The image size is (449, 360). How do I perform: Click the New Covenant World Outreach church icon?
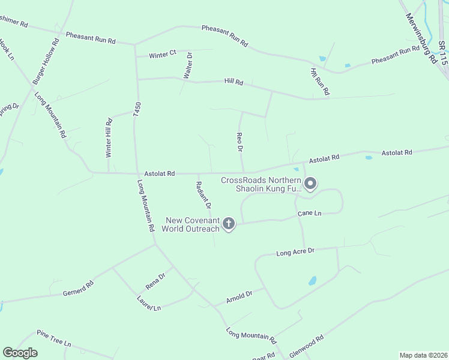pos(228,224)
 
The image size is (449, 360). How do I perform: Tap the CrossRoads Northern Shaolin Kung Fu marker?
pos(310,184)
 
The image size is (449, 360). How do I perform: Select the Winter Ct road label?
pos(163,55)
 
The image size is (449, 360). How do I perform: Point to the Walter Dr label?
pos(188,65)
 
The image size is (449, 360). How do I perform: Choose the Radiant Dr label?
pos(204,195)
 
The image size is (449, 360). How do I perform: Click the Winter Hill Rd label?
pos(109,137)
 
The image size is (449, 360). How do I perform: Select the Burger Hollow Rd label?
pos(46,61)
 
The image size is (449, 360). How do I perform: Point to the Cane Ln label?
pos(310,214)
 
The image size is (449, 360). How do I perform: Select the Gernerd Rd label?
pos(78,289)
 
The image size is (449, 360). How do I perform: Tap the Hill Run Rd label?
pos(320,82)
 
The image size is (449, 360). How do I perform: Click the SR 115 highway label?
pos(443,53)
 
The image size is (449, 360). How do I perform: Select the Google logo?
pos(20,352)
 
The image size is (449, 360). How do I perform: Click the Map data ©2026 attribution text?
pos(423,355)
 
